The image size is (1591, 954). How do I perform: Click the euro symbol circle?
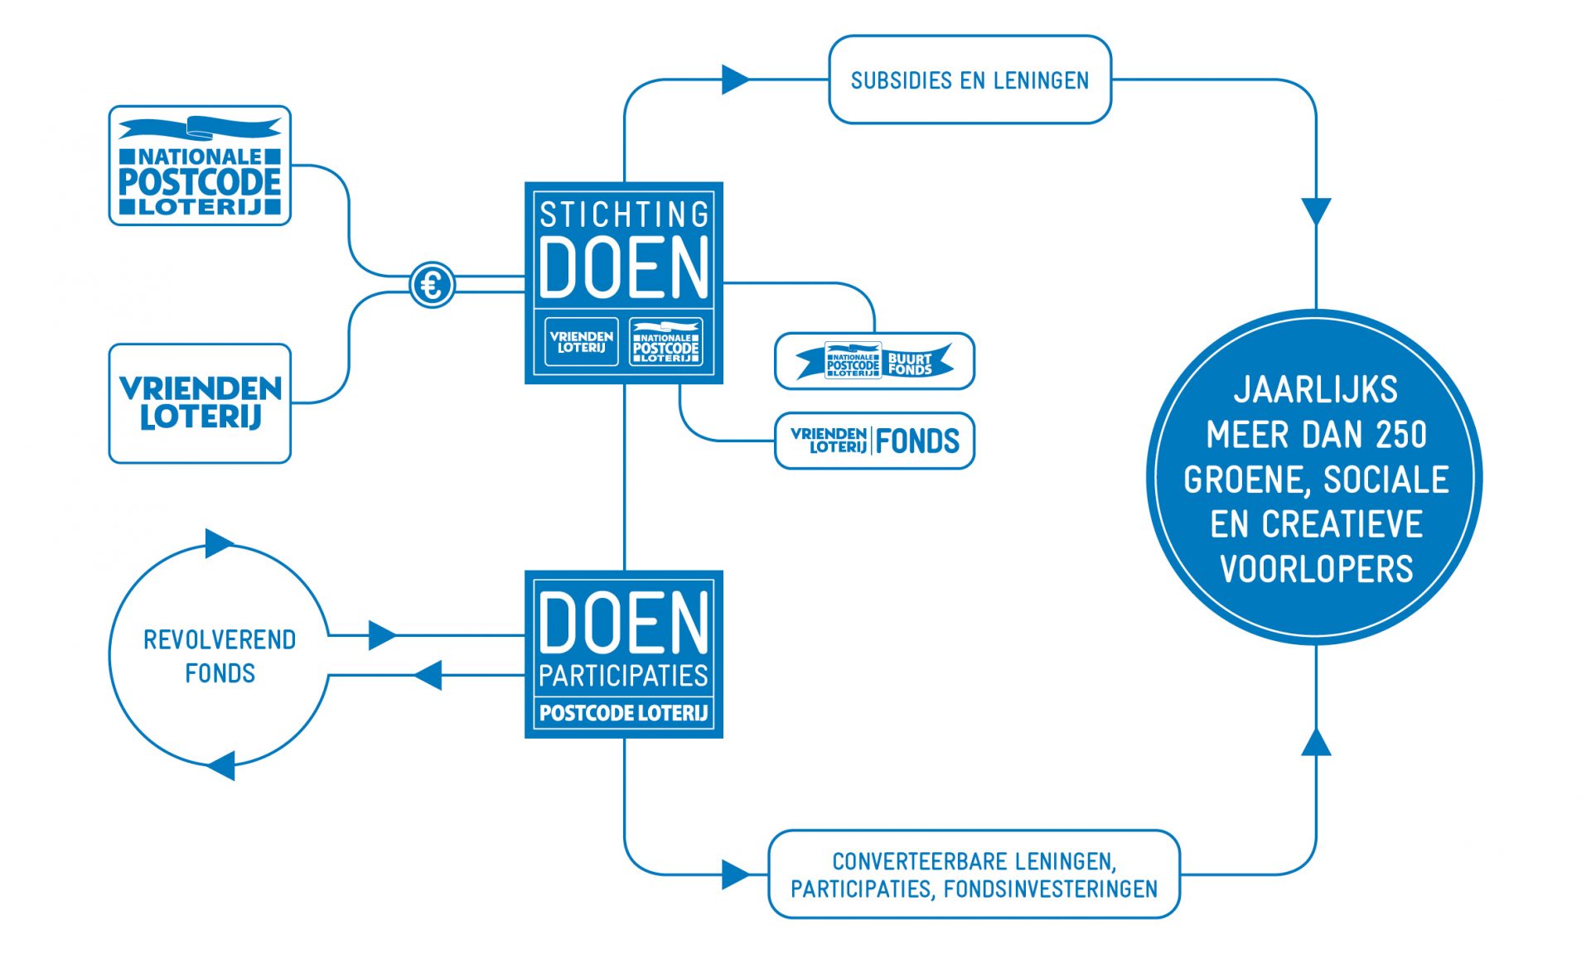tap(432, 285)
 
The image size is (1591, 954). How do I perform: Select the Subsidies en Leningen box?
tap(970, 79)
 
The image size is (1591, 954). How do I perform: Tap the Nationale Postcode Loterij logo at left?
tap(200, 166)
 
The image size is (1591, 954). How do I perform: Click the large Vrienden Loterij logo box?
tap(200, 403)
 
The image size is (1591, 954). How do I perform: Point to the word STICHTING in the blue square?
tap(624, 214)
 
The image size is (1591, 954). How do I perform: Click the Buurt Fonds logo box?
tap(874, 361)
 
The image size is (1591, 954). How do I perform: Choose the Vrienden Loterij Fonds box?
tap(874, 441)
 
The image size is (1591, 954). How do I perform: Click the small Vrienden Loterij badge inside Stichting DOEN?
tap(582, 341)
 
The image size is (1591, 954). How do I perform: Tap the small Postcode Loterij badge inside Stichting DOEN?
tap(666, 341)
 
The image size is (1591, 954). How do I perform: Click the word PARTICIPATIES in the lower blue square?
tap(624, 676)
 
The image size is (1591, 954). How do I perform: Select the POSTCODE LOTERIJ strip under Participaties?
tap(624, 713)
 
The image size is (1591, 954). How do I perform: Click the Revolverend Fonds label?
tap(220, 656)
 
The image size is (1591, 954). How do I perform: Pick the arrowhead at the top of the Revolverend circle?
tap(219, 543)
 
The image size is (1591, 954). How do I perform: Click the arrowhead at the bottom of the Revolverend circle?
tap(220, 765)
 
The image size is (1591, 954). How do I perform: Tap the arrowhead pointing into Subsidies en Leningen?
tap(736, 79)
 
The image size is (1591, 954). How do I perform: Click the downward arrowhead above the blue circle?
tap(1316, 210)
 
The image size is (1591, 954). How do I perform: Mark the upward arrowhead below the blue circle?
tap(1316, 742)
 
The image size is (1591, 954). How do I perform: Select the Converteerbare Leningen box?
tap(974, 874)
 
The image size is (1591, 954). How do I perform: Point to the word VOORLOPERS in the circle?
tap(1316, 569)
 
